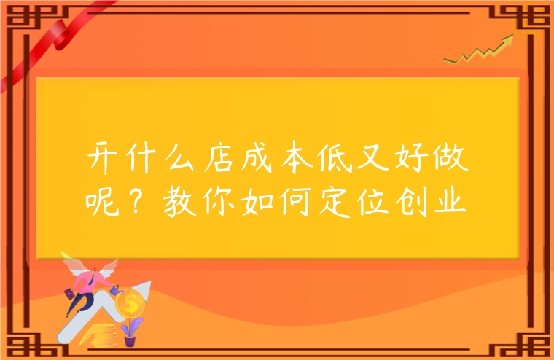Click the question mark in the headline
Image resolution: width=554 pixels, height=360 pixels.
pos(138,196)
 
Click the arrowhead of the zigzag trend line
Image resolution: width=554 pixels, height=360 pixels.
pos(504,42)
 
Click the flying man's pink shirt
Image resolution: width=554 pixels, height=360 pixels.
pos(89,281)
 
